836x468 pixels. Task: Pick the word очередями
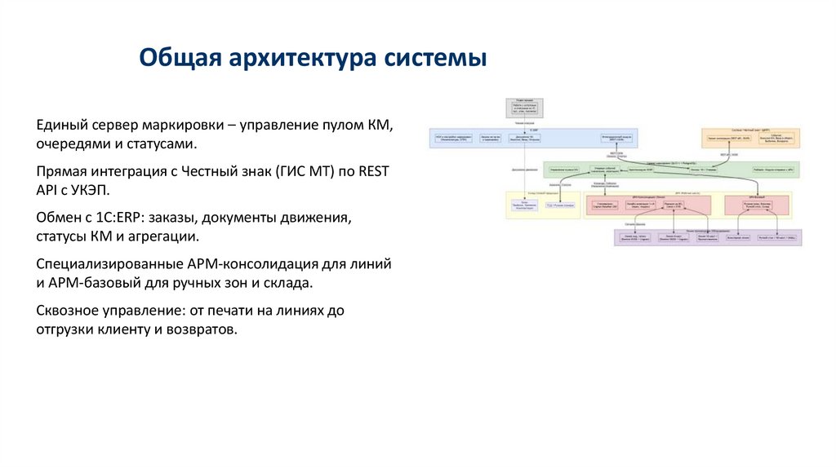click(71, 144)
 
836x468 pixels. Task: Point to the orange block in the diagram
click(751, 137)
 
